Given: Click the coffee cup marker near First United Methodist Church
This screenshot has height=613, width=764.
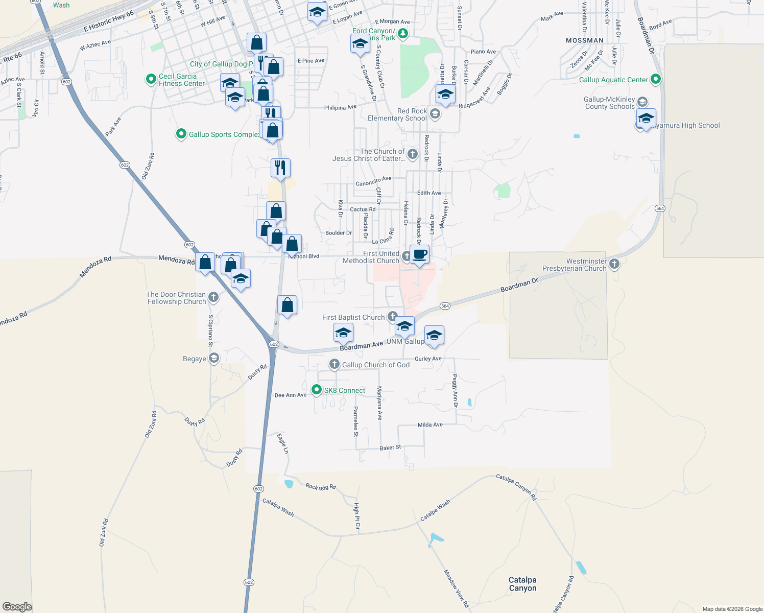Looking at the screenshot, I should coord(419,254).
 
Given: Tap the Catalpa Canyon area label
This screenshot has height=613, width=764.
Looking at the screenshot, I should coord(522,584).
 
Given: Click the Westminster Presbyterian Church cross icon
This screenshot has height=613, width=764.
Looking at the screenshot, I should coord(614,264).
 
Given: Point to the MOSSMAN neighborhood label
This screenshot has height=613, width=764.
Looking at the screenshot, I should coord(584,40).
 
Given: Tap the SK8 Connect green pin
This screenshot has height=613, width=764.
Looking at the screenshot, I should coord(317,390).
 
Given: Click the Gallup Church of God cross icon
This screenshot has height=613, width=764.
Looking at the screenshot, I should coord(334,364).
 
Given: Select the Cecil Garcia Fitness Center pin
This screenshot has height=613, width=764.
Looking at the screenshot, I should coord(151,79).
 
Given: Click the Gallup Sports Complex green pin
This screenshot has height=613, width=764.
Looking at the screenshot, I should coord(181,134).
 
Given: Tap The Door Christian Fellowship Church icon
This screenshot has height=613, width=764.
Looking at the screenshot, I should coord(213,297).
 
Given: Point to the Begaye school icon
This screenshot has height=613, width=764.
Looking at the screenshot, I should coord(214,358).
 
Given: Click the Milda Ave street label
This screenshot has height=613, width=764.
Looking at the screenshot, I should coord(430,425).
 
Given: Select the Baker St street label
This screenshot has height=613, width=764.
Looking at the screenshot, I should coord(390,448).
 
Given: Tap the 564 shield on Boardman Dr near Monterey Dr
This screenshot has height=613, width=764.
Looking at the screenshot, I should coord(445,306).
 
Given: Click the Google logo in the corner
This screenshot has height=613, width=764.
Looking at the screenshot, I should coord(17,606).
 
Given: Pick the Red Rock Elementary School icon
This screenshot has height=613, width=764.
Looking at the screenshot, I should coord(435,113).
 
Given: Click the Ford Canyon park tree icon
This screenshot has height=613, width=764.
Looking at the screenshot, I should coord(403,34).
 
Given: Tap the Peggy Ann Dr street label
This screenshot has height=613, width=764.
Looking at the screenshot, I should coord(455,391).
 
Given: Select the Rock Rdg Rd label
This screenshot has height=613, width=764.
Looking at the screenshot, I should coord(321,487).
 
